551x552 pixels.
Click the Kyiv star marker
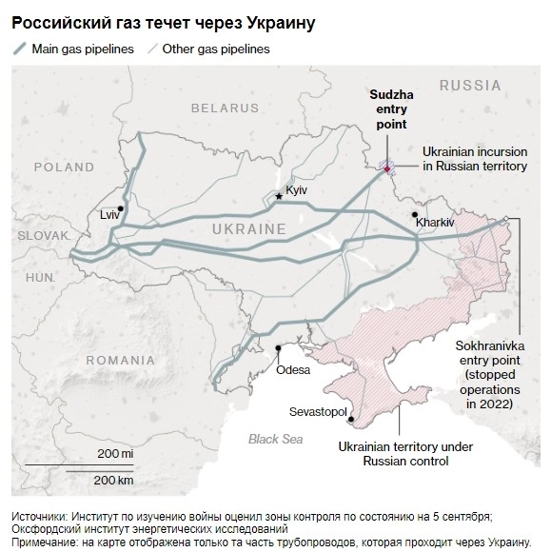point(279,195)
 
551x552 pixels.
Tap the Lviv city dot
point(121,208)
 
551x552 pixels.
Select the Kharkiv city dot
point(414,215)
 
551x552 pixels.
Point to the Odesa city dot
point(279,348)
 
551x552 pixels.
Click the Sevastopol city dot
point(351,418)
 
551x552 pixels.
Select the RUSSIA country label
point(470,86)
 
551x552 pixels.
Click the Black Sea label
point(275,439)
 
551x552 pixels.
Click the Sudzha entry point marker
point(387,167)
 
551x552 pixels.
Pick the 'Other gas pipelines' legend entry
point(215,49)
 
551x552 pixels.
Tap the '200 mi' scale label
point(115,454)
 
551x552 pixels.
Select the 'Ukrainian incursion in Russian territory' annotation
point(474,158)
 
